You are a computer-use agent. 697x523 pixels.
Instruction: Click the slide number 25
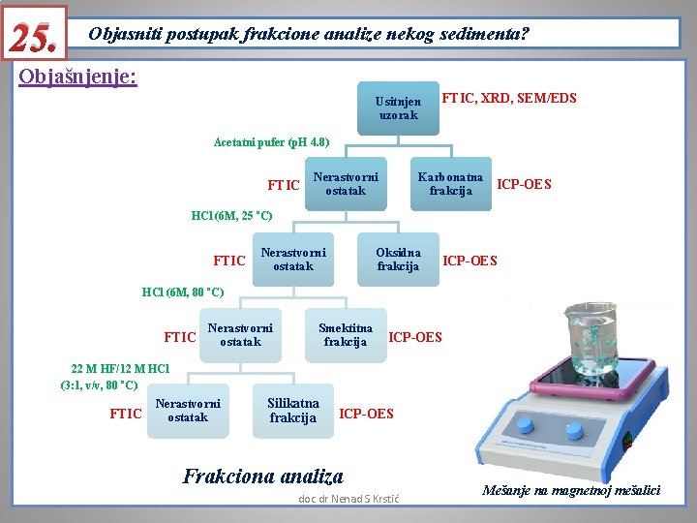coord(36,35)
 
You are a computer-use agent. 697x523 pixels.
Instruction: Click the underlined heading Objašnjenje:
coord(78,77)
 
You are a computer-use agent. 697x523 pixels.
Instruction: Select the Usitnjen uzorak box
coord(398,108)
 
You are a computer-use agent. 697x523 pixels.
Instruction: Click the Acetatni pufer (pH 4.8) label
coord(271,142)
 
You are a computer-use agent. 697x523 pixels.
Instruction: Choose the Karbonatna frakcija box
coord(450,184)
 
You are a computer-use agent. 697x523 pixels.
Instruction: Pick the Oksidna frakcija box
coord(398,260)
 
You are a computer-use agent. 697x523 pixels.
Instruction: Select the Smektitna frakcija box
coord(346,335)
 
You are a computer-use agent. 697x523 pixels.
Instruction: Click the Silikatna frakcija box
coord(293,411)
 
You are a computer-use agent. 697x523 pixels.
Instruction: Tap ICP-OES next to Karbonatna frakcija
coord(524,184)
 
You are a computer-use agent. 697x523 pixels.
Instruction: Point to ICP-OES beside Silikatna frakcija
coord(367,414)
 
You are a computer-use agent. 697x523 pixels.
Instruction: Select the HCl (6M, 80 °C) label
coord(183,292)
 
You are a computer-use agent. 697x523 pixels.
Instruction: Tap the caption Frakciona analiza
coord(262,476)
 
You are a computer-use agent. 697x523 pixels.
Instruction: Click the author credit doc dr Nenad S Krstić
coord(349,499)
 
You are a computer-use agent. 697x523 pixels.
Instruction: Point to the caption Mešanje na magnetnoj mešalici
coord(572,490)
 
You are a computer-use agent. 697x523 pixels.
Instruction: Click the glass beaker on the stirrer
coord(590,338)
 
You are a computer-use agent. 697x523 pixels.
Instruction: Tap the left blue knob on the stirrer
coord(525,426)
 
